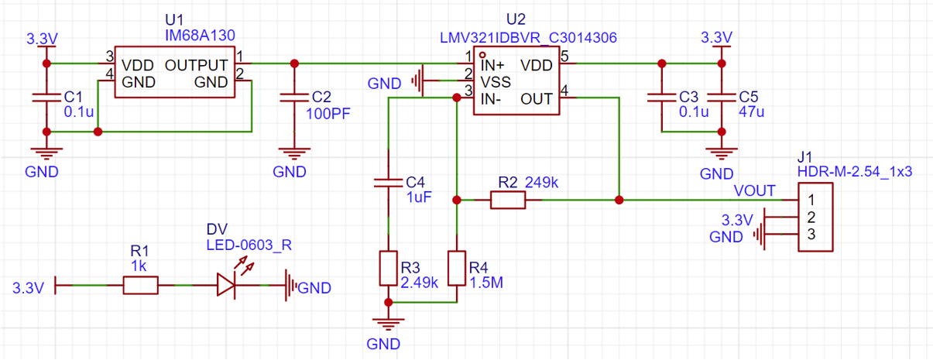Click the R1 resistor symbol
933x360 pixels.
(140, 286)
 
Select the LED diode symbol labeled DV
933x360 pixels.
(226, 286)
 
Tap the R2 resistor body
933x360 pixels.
(508, 201)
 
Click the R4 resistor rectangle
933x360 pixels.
(458, 267)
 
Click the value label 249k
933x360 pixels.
(542, 183)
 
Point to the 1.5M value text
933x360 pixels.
(487, 283)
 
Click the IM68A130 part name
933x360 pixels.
(200, 35)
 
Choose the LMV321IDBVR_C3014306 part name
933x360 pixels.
(527, 37)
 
